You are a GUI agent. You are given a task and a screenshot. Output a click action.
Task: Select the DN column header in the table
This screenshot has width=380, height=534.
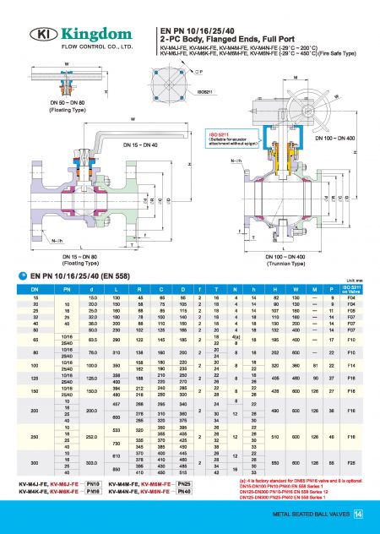point(35,290)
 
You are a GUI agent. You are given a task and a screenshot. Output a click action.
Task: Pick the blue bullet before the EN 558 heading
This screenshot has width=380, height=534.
point(23,275)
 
